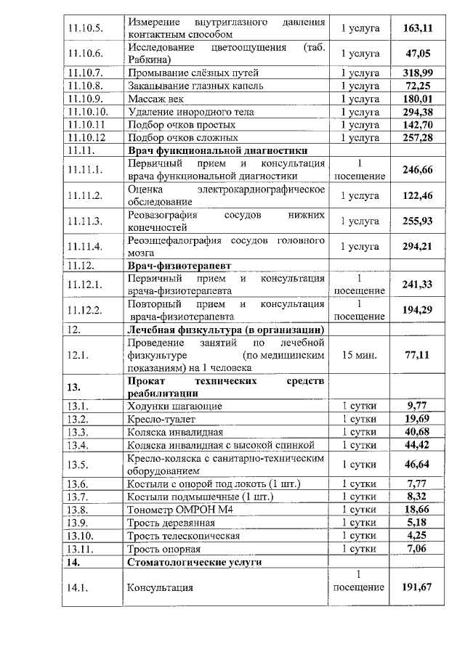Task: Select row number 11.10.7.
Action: tap(85, 73)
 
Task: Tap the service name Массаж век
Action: tap(155, 99)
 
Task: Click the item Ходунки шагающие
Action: tap(175, 407)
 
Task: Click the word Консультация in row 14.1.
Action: tap(161, 587)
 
